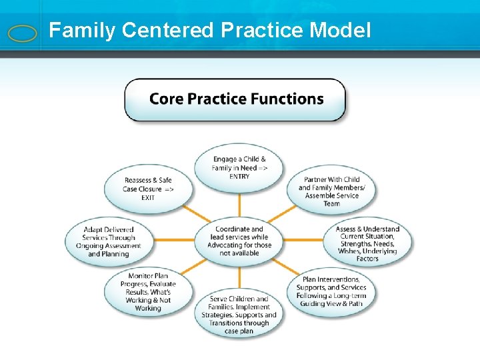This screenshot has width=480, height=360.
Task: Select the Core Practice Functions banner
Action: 235,99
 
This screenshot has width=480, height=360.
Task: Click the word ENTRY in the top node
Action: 239,177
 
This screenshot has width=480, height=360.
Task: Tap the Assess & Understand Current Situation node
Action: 368,243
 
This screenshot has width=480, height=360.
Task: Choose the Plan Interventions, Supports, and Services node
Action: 331,291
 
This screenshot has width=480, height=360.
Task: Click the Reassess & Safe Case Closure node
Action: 148,189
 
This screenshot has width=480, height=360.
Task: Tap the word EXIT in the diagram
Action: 148,198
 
